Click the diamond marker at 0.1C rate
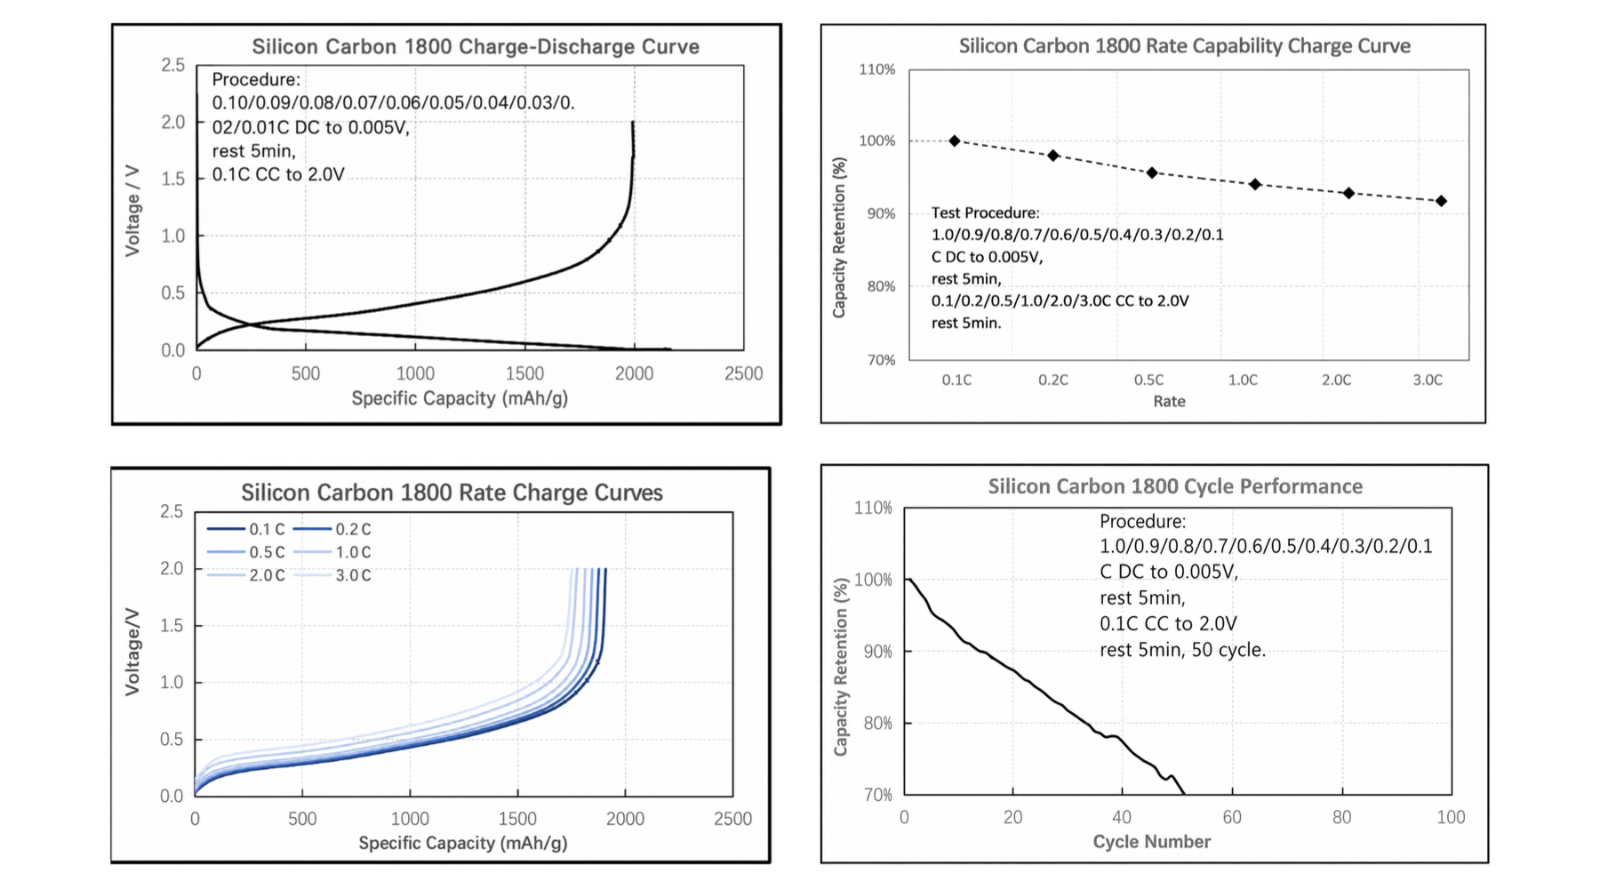click(955, 140)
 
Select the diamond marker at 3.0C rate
click(1441, 201)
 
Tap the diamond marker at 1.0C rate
click(1255, 184)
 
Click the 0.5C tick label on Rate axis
click(1148, 380)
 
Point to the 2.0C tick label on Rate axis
click(1336, 380)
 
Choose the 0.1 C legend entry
click(246, 529)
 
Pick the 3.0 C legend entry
click(332, 575)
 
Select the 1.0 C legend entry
click(332, 552)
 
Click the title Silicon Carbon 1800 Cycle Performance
click(1175, 486)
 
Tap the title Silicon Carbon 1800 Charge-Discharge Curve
click(476, 46)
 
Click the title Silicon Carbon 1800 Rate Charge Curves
click(452, 493)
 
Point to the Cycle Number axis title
click(1151, 841)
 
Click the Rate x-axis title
click(1169, 401)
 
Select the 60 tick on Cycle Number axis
click(1232, 817)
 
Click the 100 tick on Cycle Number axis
click(1451, 817)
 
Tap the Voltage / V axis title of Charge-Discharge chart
click(132, 211)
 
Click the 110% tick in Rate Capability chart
click(876, 69)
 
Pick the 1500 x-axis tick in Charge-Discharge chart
click(524, 373)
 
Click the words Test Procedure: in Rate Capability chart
click(985, 212)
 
